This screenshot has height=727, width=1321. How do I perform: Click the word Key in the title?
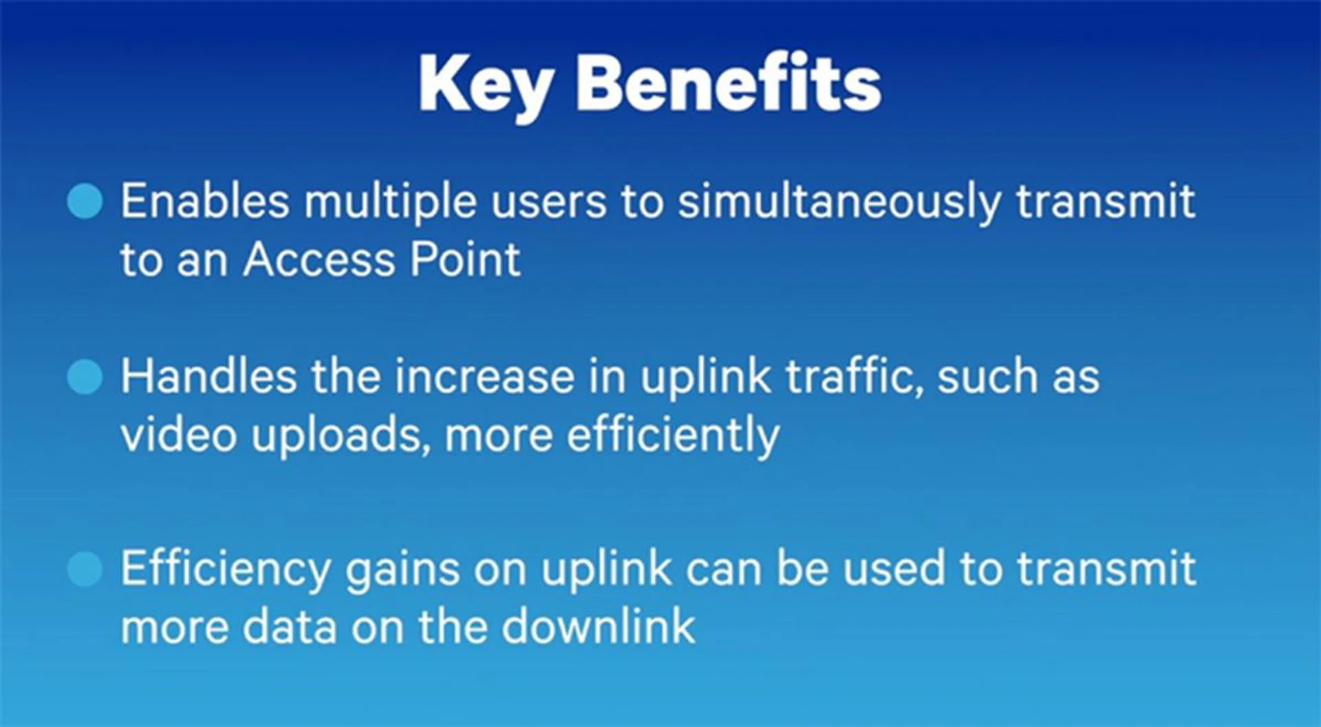[486, 87]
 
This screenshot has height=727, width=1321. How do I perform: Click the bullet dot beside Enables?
[85, 201]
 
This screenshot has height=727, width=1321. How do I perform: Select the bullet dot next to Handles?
[85, 377]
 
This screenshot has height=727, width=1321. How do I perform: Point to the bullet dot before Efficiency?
[85, 569]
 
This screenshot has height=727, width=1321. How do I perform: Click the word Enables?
[205, 201]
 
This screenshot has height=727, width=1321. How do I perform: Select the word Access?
[319, 260]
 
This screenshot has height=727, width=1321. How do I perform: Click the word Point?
[465, 260]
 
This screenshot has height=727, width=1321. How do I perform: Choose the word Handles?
[209, 376]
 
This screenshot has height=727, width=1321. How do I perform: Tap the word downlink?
[598, 626]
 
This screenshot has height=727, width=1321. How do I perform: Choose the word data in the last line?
[289, 627]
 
